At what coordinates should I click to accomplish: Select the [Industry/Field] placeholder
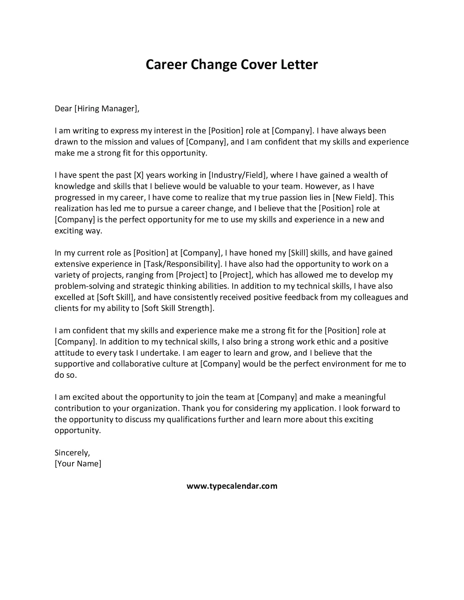(237, 175)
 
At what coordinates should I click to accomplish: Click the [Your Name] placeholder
(78, 464)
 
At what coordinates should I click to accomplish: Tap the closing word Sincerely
(72, 453)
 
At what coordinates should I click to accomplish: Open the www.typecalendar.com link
(232, 486)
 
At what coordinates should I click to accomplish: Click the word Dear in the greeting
(63, 109)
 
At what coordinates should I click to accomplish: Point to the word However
(322, 186)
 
